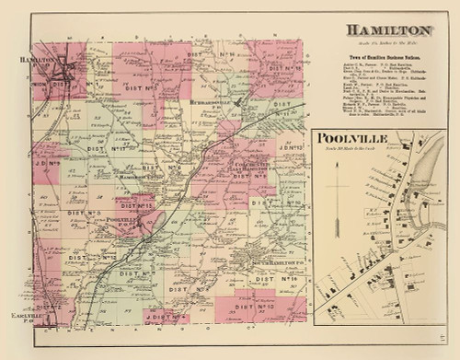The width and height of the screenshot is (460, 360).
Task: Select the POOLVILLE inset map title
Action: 347,140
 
